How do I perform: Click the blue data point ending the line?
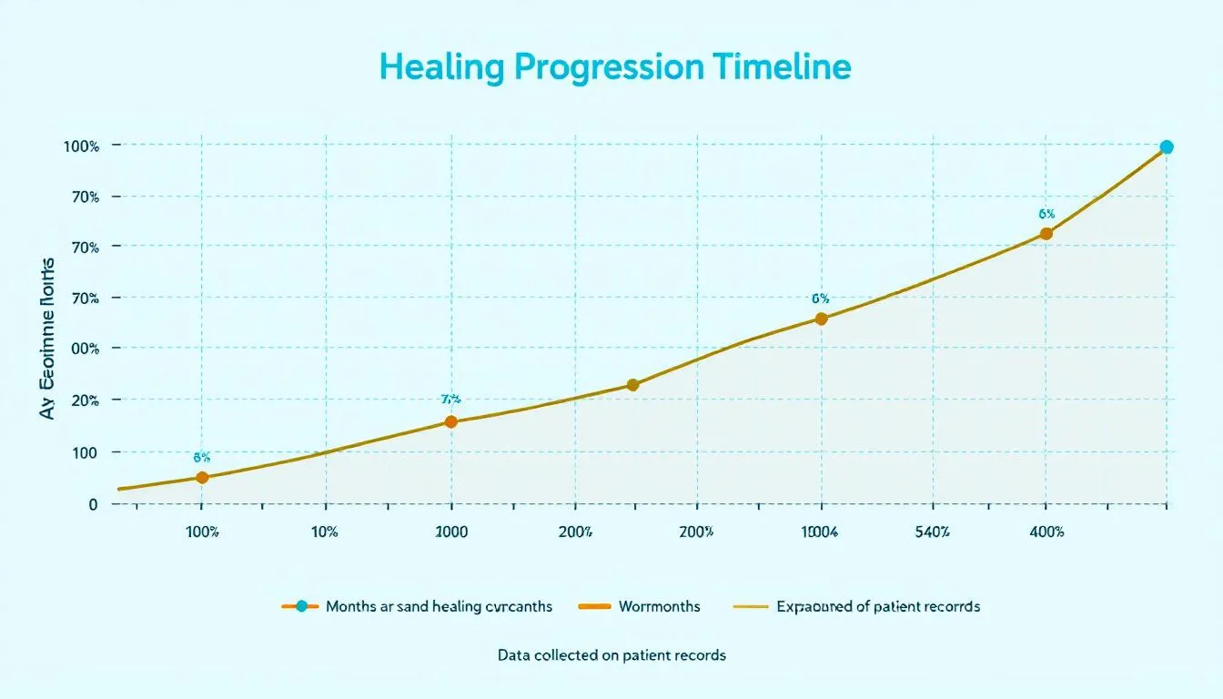[x=1166, y=147]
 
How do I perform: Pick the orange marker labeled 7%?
[x=450, y=421]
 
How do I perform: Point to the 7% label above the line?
[x=450, y=399]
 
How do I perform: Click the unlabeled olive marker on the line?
[x=633, y=385]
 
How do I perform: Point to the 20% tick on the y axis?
[x=80, y=400]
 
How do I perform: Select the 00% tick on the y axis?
[x=80, y=349]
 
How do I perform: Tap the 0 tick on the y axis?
[x=93, y=503]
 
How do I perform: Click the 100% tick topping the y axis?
[x=80, y=146]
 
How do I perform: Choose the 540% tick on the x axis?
[x=933, y=532]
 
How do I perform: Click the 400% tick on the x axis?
[x=1046, y=532]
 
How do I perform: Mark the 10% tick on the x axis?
[x=325, y=532]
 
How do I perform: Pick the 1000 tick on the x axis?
[x=451, y=532]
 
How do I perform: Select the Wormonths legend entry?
[x=659, y=606]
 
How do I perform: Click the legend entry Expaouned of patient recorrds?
[x=877, y=606]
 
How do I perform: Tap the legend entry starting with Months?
[x=438, y=606]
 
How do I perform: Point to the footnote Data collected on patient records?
[x=611, y=654]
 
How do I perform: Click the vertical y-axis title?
[x=47, y=339]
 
